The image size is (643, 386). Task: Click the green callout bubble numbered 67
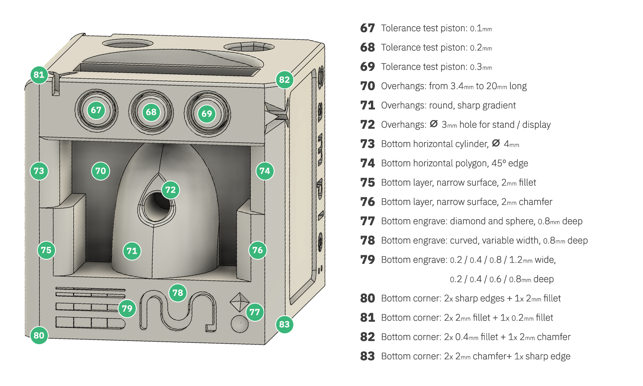(96, 110)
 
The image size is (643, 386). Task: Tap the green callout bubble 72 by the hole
(170, 190)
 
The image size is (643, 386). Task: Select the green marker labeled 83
(284, 324)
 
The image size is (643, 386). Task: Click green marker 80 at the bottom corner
(39, 335)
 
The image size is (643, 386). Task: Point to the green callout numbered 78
(178, 293)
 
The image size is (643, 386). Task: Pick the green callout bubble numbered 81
(39, 75)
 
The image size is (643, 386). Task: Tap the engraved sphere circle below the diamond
(240, 324)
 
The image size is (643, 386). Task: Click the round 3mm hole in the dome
(157, 205)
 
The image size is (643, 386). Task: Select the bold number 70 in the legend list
(368, 86)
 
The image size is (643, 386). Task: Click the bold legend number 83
(368, 356)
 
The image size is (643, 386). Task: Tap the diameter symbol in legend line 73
(496, 143)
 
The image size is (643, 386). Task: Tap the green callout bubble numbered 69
(207, 114)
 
